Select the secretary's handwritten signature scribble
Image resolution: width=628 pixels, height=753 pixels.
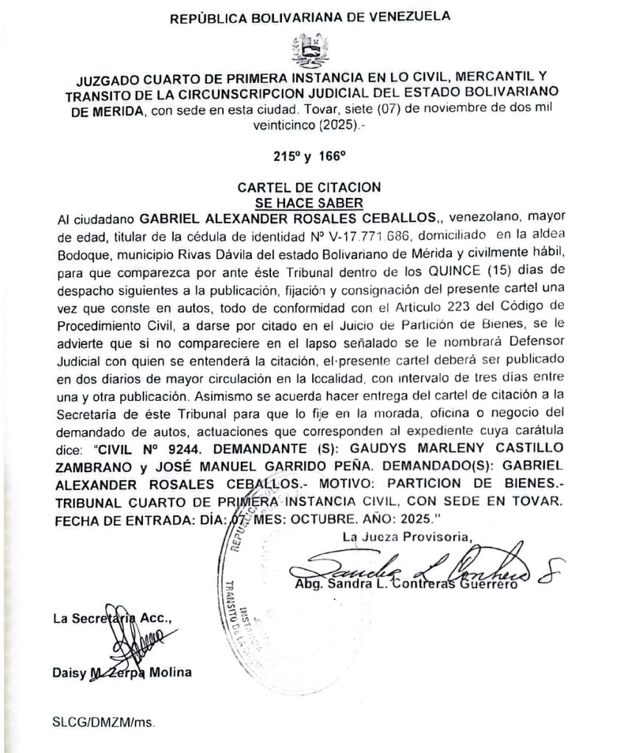129,647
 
